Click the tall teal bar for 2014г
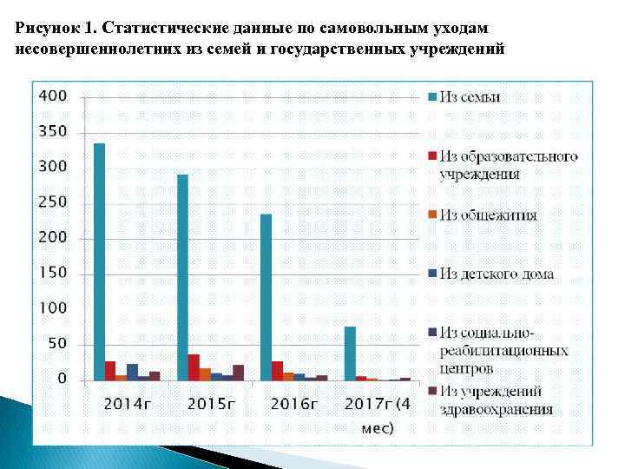point(99,261)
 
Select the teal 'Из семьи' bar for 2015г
point(182,277)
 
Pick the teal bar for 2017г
point(350,353)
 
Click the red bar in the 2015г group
point(194,367)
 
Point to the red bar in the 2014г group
point(110,371)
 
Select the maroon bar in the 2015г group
point(238,373)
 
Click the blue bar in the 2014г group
point(132,372)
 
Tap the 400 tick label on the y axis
point(53,96)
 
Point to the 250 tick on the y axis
point(53,202)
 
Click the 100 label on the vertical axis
point(53,308)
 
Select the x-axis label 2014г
point(129,404)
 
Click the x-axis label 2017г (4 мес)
point(379,414)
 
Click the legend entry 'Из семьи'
point(470,97)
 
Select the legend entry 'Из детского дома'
point(496,274)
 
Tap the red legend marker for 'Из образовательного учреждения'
point(431,156)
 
